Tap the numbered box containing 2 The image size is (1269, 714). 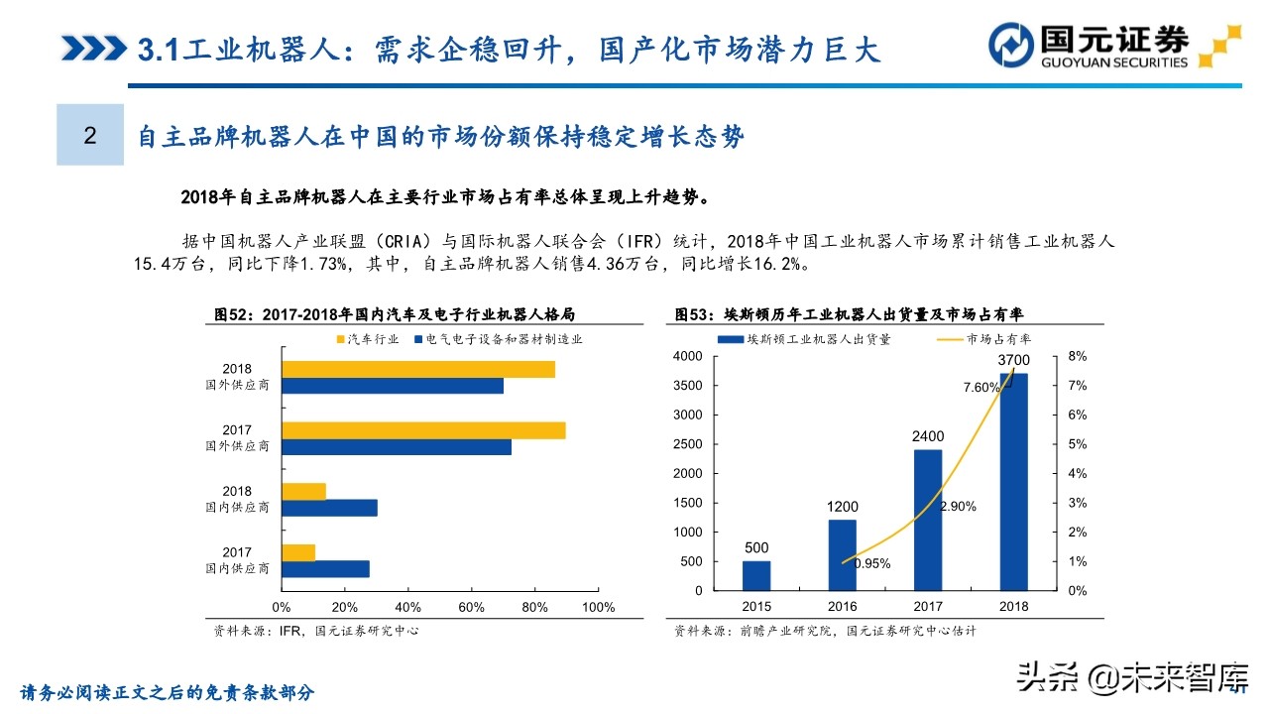[90, 135]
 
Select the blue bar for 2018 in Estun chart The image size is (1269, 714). [1013, 481]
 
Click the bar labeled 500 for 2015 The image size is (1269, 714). [756, 575]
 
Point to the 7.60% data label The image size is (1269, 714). [981, 388]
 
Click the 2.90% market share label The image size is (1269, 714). [957, 506]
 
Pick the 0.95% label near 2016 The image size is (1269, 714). [871, 563]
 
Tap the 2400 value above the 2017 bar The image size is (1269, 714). [928, 436]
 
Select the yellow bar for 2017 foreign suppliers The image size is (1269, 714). [423, 430]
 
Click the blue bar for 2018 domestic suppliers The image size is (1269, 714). [329, 508]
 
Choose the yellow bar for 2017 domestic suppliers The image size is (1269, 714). [298, 552]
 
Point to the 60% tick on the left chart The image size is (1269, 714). [470, 607]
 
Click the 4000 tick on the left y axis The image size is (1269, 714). [686, 356]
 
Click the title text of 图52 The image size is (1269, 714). [395, 314]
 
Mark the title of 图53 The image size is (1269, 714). [849, 314]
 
